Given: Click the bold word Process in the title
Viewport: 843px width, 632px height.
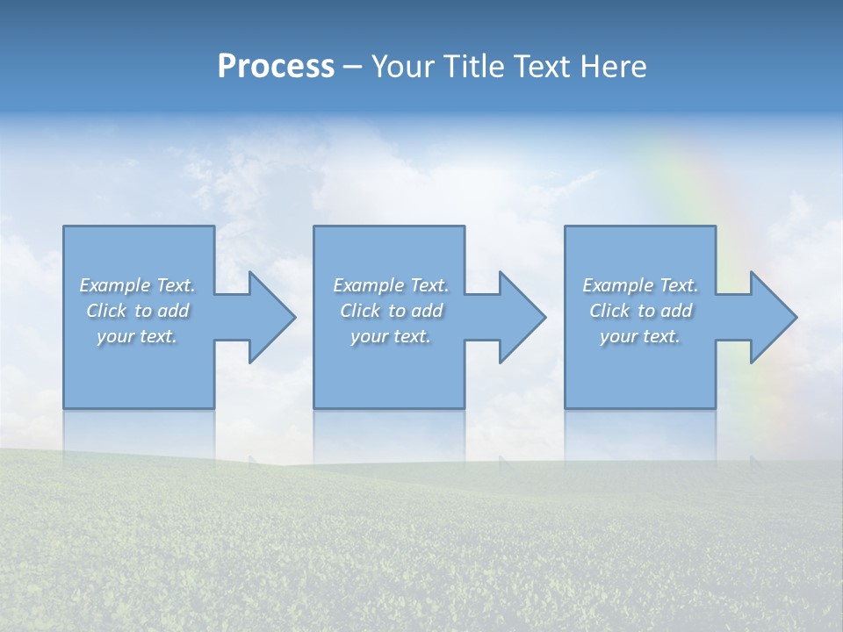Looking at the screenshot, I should click(276, 67).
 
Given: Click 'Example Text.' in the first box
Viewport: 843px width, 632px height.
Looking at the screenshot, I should click(137, 285).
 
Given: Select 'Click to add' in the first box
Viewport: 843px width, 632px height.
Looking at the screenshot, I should click(137, 311).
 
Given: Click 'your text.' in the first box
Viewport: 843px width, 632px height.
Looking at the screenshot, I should click(137, 336).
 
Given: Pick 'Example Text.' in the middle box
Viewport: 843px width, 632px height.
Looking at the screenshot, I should click(391, 285).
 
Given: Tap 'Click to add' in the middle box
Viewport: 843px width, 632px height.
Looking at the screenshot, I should click(391, 311).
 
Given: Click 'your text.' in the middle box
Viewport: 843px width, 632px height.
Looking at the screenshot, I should click(391, 336).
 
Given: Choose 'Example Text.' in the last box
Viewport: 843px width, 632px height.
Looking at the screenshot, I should click(640, 285).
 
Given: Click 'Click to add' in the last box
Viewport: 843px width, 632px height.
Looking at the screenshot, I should click(640, 311).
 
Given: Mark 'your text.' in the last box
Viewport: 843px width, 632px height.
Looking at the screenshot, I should click(640, 336).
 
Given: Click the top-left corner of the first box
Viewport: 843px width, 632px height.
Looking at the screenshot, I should click(64, 227).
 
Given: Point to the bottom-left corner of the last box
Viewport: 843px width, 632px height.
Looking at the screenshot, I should click(566, 407).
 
